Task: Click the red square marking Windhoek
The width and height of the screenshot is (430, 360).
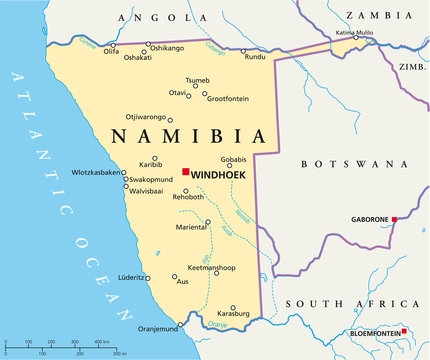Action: pos(185,172)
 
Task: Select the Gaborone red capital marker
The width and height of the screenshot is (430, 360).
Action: pos(394,219)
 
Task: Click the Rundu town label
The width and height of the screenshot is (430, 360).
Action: pos(255,57)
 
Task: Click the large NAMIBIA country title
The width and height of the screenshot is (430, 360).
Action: pos(189,136)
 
